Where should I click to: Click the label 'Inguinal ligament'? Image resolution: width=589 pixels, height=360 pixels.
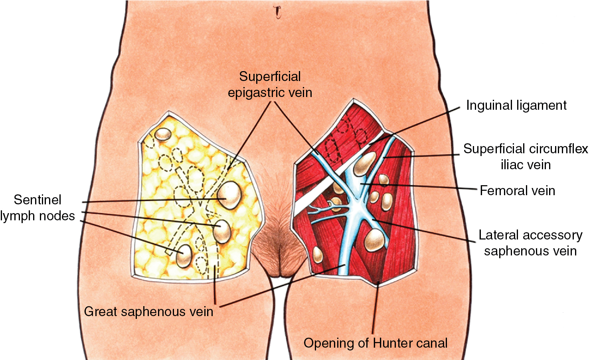(x=516, y=105)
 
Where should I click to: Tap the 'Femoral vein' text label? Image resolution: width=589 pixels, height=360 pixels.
(x=517, y=191)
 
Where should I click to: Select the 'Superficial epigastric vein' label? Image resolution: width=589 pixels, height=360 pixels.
(x=270, y=85)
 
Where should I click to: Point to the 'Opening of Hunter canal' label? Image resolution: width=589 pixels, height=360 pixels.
(x=375, y=343)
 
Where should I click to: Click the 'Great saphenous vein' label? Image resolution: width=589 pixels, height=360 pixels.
(x=148, y=311)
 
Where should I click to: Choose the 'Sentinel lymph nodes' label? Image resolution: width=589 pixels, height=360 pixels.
(x=38, y=208)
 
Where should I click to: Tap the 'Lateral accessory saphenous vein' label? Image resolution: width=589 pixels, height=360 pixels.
(x=530, y=243)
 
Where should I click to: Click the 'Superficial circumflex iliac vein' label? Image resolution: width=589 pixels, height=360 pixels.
(x=526, y=156)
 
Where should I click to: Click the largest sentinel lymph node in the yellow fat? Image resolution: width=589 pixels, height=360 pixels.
(x=230, y=195)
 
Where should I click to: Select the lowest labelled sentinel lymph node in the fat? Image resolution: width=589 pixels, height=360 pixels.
(x=184, y=256)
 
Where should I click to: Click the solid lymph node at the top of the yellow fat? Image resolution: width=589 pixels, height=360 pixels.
(x=163, y=134)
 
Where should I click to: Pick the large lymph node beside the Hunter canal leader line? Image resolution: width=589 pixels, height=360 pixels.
(x=374, y=240)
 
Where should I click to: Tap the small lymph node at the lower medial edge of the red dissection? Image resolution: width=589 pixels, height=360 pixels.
(x=318, y=255)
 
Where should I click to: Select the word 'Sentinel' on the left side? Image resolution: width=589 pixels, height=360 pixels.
(x=38, y=200)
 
